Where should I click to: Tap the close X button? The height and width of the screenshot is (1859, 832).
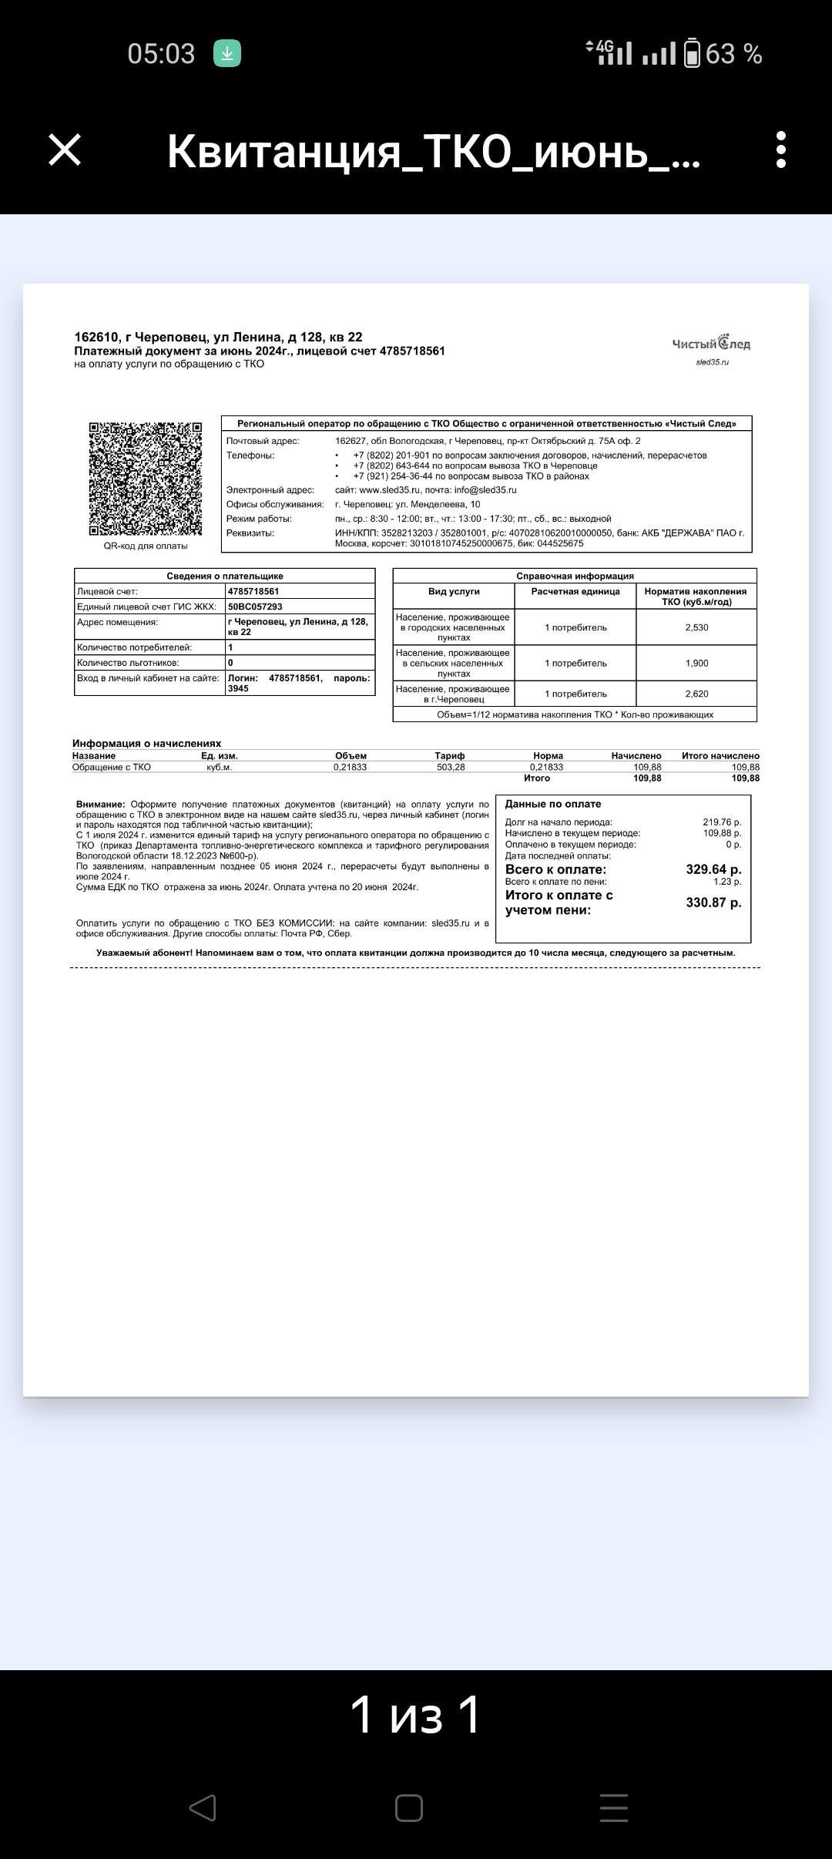[65, 150]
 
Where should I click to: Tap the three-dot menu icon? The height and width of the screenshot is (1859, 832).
[781, 150]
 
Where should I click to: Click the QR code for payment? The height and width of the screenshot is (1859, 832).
[146, 479]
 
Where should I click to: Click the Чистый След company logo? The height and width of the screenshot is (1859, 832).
[711, 345]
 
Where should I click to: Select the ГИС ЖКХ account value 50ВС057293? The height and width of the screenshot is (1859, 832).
[255, 607]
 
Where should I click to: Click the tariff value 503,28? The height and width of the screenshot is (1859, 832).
[451, 768]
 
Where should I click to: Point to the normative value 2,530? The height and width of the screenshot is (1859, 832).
[696, 627]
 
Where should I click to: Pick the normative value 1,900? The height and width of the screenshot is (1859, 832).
[696, 663]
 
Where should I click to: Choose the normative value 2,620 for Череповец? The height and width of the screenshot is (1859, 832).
[696, 694]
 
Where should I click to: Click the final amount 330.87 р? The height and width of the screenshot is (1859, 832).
[713, 903]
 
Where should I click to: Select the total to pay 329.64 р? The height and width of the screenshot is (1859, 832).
[713, 869]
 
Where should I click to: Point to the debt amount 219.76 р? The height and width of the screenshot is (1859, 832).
[722, 822]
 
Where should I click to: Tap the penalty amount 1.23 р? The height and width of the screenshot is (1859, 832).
[727, 882]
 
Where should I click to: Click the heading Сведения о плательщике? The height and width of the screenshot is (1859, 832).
[225, 576]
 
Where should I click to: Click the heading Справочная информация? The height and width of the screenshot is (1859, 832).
[575, 576]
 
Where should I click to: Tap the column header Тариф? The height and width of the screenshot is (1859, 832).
[450, 756]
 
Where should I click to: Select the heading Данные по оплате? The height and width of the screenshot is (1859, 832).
[553, 804]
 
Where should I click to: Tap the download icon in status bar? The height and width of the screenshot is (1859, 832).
[227, 53]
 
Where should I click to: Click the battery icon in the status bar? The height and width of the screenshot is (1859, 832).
[692, 53]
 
